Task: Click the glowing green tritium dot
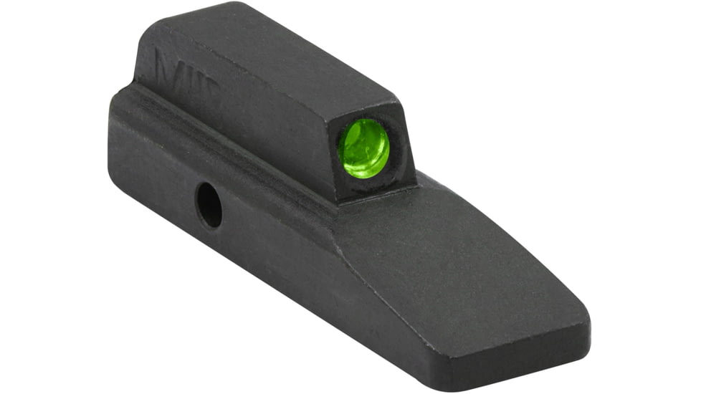tap(363, 148)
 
